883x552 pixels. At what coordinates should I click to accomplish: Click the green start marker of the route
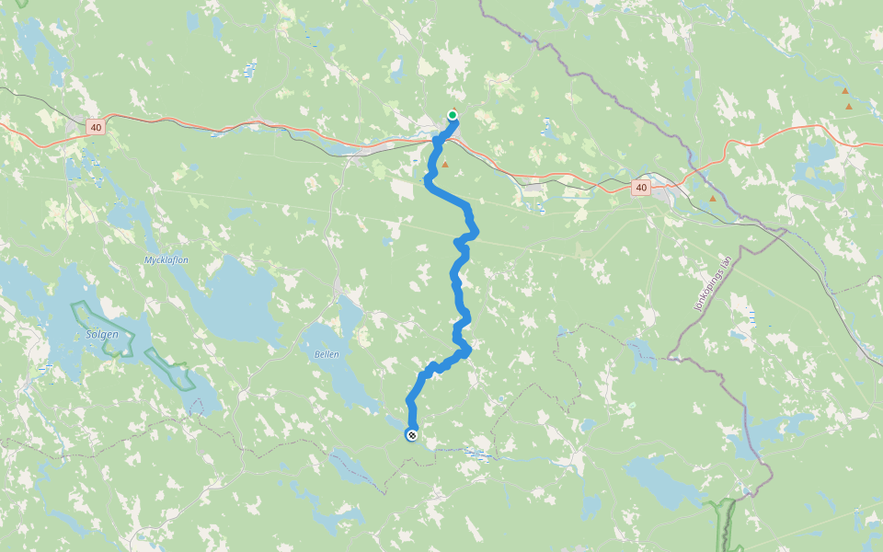pyautogui.click(x=453, y=115)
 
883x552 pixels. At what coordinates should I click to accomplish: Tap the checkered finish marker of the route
pyautogui.click(x=412, y=434)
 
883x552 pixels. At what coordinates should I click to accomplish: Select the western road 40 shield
pyautogui.click(x=97, y=127)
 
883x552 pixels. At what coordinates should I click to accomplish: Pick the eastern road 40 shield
pyautogui.click(x=641, y=188)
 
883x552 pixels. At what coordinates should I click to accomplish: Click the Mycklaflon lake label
pyautogui.click(x=166, y=260)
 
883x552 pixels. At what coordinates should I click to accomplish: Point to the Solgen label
pyautogui.click(x=102, y=335)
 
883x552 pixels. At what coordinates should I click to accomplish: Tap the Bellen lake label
pyautogui.click(x=327, y=354)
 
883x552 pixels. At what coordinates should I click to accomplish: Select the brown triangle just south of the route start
pyautogui.click(x=445, y=165)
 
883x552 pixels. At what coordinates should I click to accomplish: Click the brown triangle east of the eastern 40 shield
pyautogui.click(x=713, y=199)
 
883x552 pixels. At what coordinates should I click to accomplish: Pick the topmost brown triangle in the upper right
pyautogui.click(x=845, y=91)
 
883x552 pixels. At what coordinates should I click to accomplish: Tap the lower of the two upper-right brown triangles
pyautogui.click(x=849, y=107)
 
